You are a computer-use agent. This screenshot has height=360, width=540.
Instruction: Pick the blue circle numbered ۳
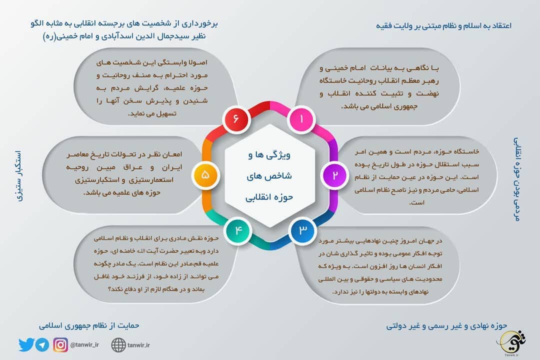coord(302,230)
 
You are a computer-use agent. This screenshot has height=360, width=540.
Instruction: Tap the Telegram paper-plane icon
coord(42,344)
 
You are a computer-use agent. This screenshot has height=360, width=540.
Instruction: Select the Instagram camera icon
coord(60,344)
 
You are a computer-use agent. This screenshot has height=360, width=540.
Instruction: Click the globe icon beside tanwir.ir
coord(118,344)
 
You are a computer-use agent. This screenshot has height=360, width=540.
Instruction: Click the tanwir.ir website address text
coord(139,344)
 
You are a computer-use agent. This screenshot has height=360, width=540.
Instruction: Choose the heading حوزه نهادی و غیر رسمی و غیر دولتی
coord(446,325)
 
